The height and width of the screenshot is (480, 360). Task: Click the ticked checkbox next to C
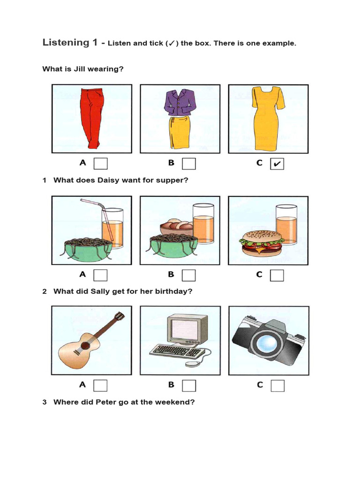(x=277, y=164)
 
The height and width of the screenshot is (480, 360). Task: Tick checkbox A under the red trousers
(x=100, y=164)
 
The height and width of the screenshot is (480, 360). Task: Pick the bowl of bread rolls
(x=176, y=228)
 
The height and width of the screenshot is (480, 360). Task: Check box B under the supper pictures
(x=189, y=275)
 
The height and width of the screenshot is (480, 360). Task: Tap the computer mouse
(x=191, y=363)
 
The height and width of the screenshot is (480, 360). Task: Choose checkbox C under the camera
(x=277, y=385)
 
